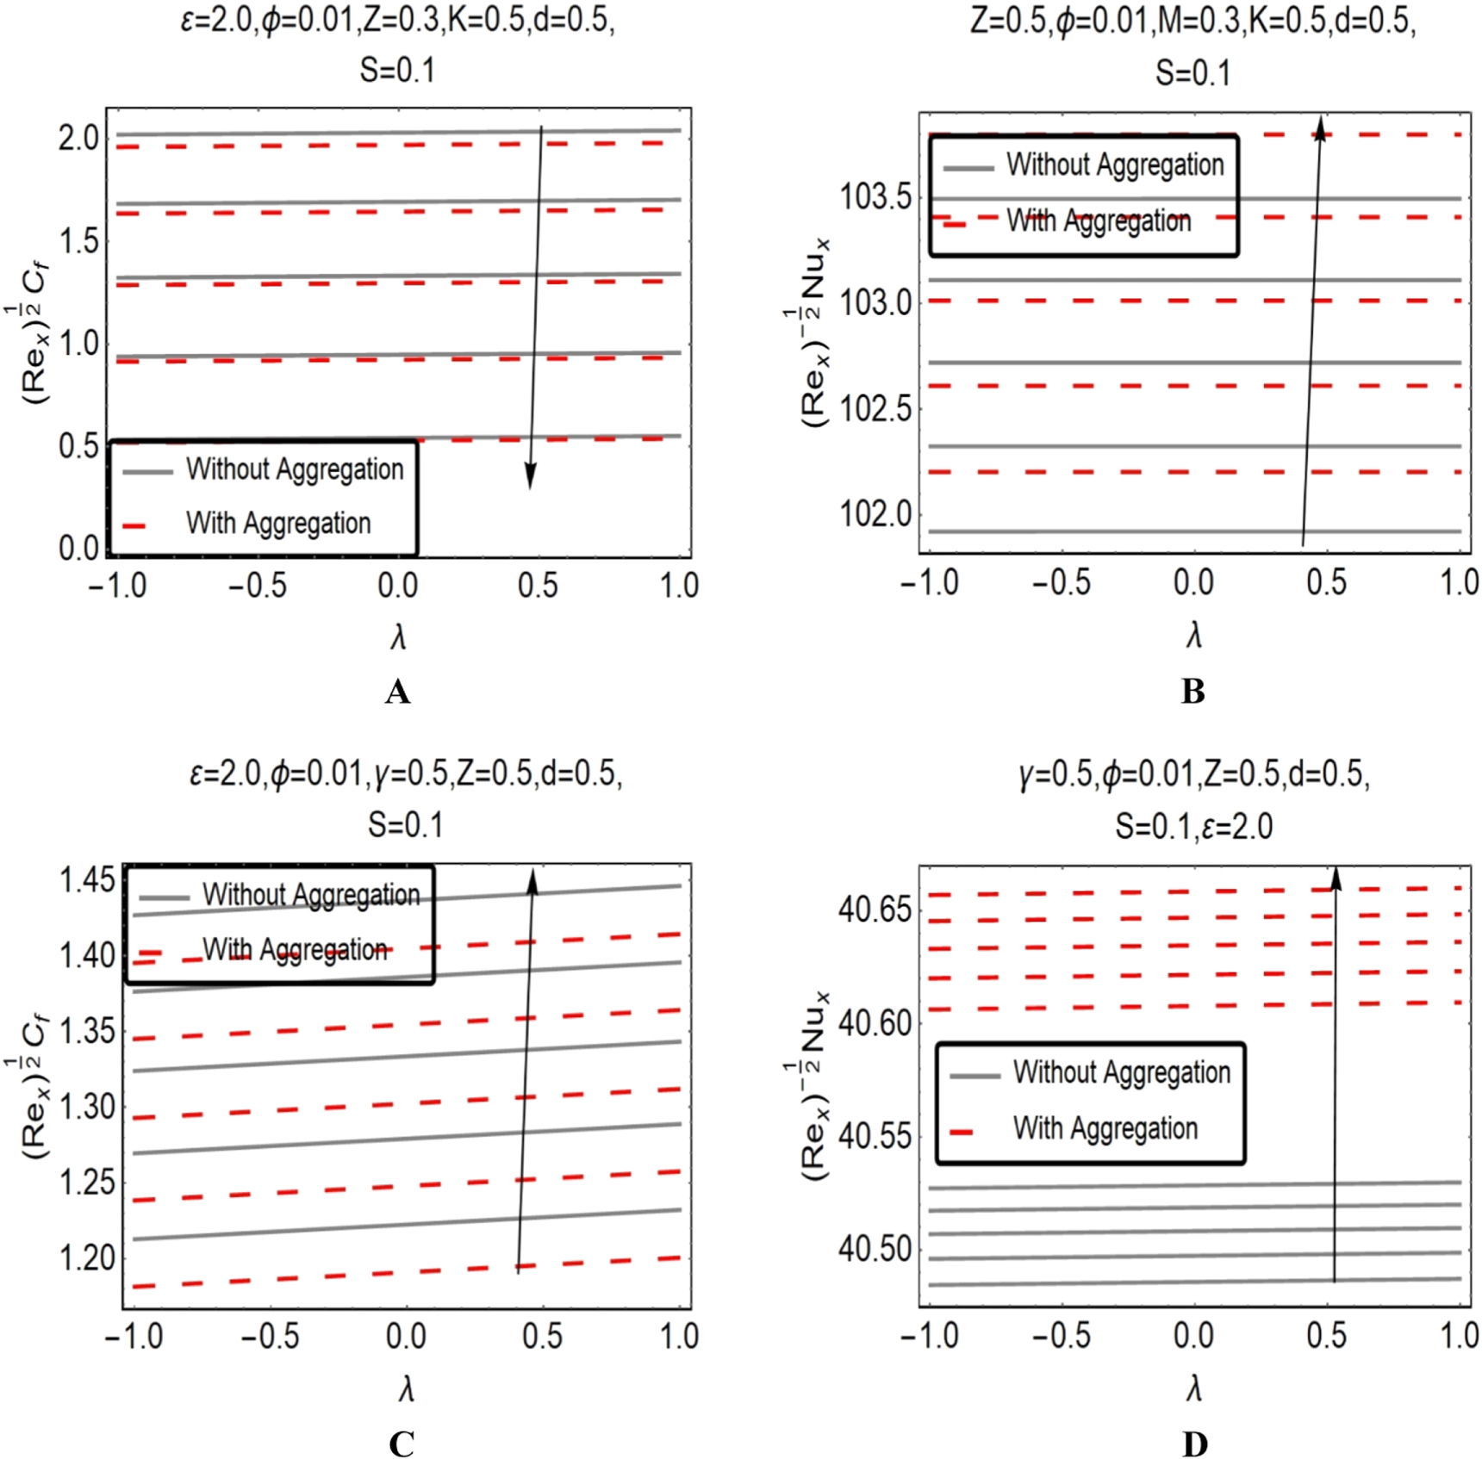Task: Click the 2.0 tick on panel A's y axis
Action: click(78, 138)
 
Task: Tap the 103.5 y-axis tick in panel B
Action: click(875, 198)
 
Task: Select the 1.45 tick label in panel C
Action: click(86, 881)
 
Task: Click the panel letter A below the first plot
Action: click(397, 692)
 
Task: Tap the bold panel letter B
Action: click(1192, 692)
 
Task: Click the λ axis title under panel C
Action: click(406, 1389)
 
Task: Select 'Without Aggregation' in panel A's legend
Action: click(295, 469)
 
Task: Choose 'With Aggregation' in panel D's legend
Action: click(1105, 1128)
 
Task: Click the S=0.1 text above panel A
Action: click(397, 71)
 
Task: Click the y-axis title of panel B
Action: click(814, 332)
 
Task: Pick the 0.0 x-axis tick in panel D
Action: click(1193, 1336)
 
